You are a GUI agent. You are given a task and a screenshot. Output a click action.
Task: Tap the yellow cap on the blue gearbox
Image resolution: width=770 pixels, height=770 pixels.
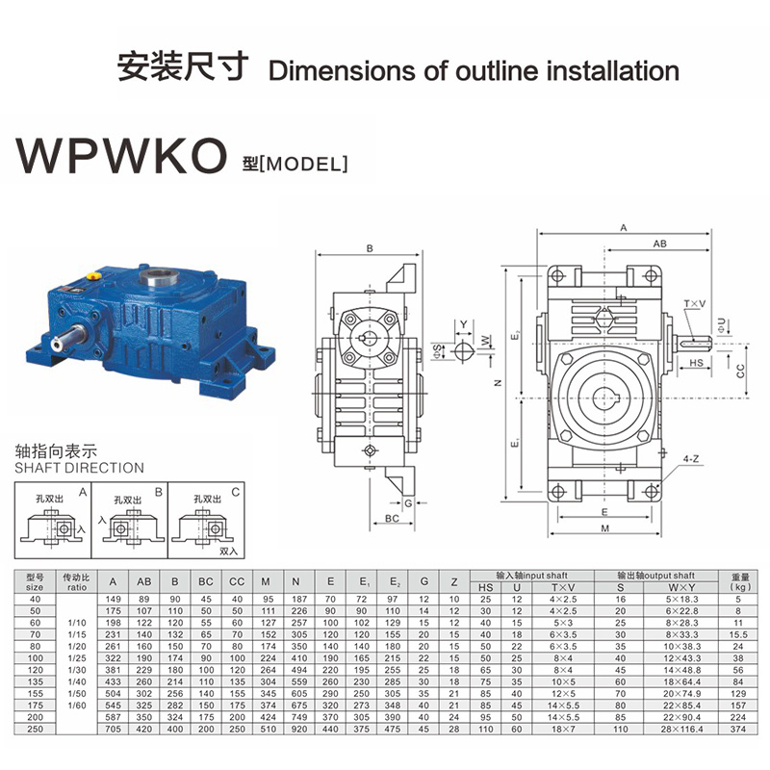click(x=93, y=275)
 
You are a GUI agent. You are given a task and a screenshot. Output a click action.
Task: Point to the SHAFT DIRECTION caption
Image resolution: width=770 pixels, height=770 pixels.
click(x=80, y=468)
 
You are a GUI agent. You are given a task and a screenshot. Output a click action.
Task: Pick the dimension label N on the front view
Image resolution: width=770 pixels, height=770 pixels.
click(x=498, y=382)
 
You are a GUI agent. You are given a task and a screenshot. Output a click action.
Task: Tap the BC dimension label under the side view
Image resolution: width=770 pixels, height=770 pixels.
click(x=393, y=519)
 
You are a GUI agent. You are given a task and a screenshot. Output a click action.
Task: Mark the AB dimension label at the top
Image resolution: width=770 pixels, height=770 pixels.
click(x=658, y=244)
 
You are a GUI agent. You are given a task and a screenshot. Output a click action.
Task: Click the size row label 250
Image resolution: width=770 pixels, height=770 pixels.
click(x=35, y=731)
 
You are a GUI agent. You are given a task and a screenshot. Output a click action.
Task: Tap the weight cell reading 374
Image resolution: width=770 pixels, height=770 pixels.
click(x=739, y=731)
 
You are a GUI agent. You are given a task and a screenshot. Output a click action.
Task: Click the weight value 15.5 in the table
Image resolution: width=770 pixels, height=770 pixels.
click(x=739, y=635)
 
